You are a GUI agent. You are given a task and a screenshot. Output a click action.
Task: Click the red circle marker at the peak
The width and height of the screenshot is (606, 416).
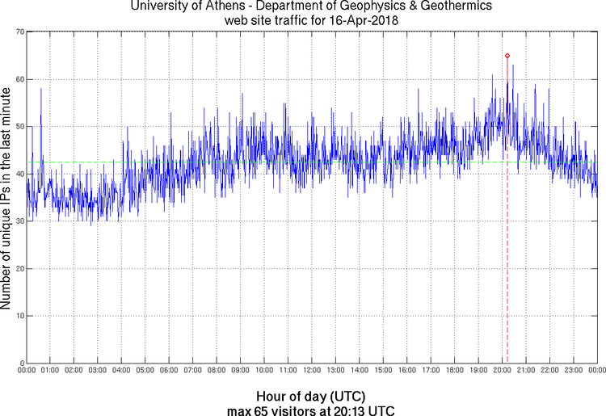click(507, 56)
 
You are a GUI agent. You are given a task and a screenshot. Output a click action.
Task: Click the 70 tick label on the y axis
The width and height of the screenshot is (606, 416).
click(18, 32)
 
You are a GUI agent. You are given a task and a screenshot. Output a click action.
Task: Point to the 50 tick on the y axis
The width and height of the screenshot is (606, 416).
click(18, 127)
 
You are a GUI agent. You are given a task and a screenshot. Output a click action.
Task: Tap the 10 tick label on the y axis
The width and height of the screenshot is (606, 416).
click(18, 316)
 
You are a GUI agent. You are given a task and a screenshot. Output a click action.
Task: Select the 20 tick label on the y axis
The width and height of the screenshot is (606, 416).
click(18, 268)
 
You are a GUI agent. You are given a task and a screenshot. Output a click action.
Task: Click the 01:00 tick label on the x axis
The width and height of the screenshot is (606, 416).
click(50, 371)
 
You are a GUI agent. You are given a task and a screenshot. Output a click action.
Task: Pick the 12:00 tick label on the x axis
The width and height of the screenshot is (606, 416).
click(311, 371)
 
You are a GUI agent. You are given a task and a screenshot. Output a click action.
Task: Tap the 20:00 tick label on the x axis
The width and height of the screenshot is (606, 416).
click(502, 371)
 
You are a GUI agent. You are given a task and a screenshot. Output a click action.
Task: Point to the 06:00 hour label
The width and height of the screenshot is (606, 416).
click(169, 371)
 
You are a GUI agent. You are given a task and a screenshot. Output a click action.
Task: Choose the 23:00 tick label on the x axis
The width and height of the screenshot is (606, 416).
click(573, 371)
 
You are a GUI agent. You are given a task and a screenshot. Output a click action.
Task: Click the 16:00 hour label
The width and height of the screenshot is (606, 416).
click(406, 371)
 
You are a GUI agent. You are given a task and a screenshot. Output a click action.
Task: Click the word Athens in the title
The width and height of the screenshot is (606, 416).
click(230, 6)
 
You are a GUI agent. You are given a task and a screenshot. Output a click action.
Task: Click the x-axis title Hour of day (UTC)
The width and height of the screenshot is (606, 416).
click(311, 396)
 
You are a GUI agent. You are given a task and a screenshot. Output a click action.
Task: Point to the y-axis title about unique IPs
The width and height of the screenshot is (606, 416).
click(6, 198)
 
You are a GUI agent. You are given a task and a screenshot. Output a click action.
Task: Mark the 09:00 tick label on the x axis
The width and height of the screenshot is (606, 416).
click(240, 371)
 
